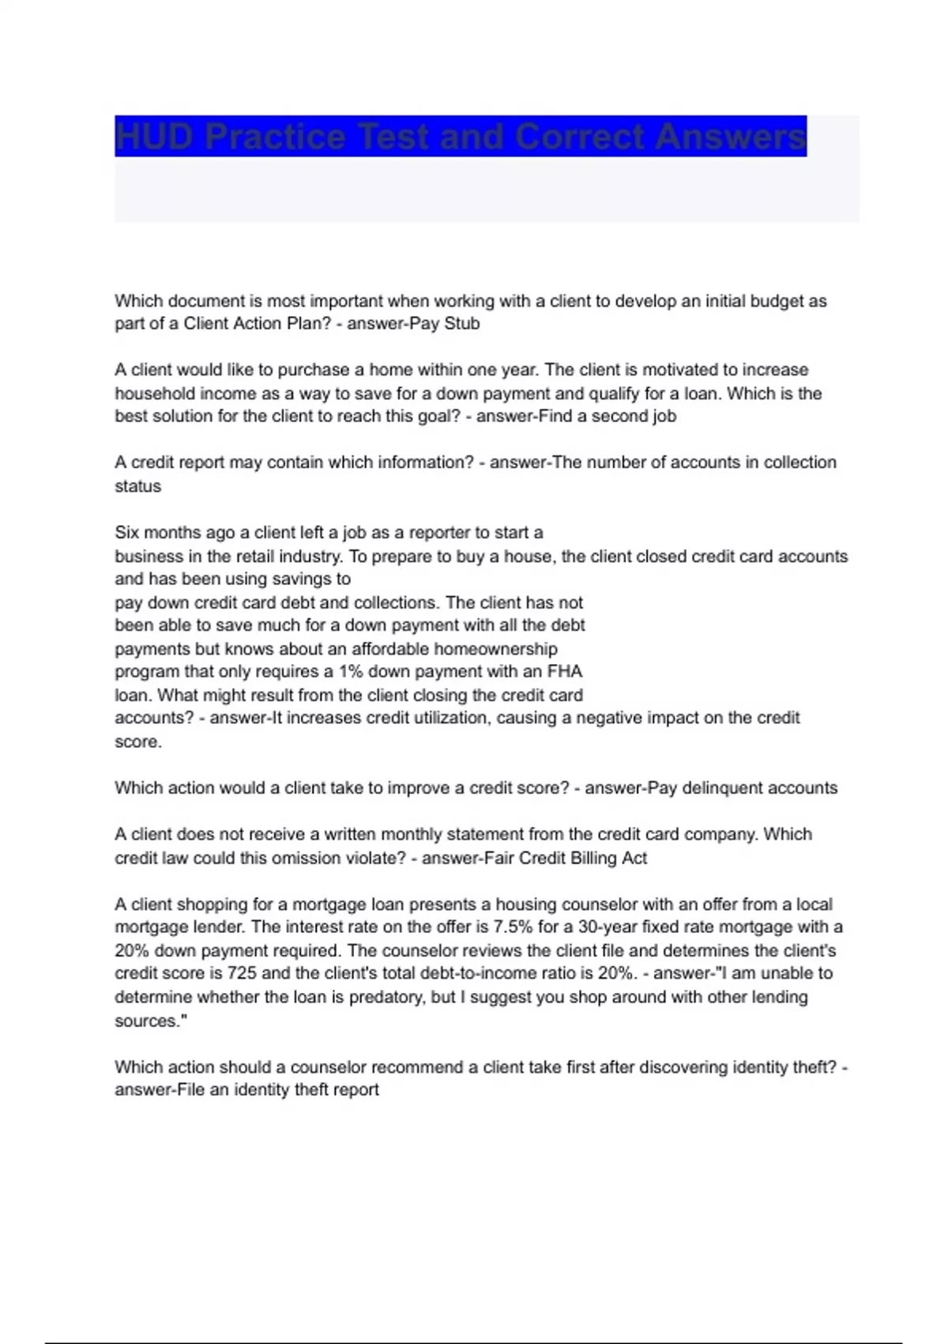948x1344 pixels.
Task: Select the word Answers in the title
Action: tap(730, 137)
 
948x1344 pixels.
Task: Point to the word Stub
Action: tap(461, 323)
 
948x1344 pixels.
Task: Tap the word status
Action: tap(137, 486)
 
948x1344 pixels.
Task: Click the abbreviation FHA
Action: tap(564, 671)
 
